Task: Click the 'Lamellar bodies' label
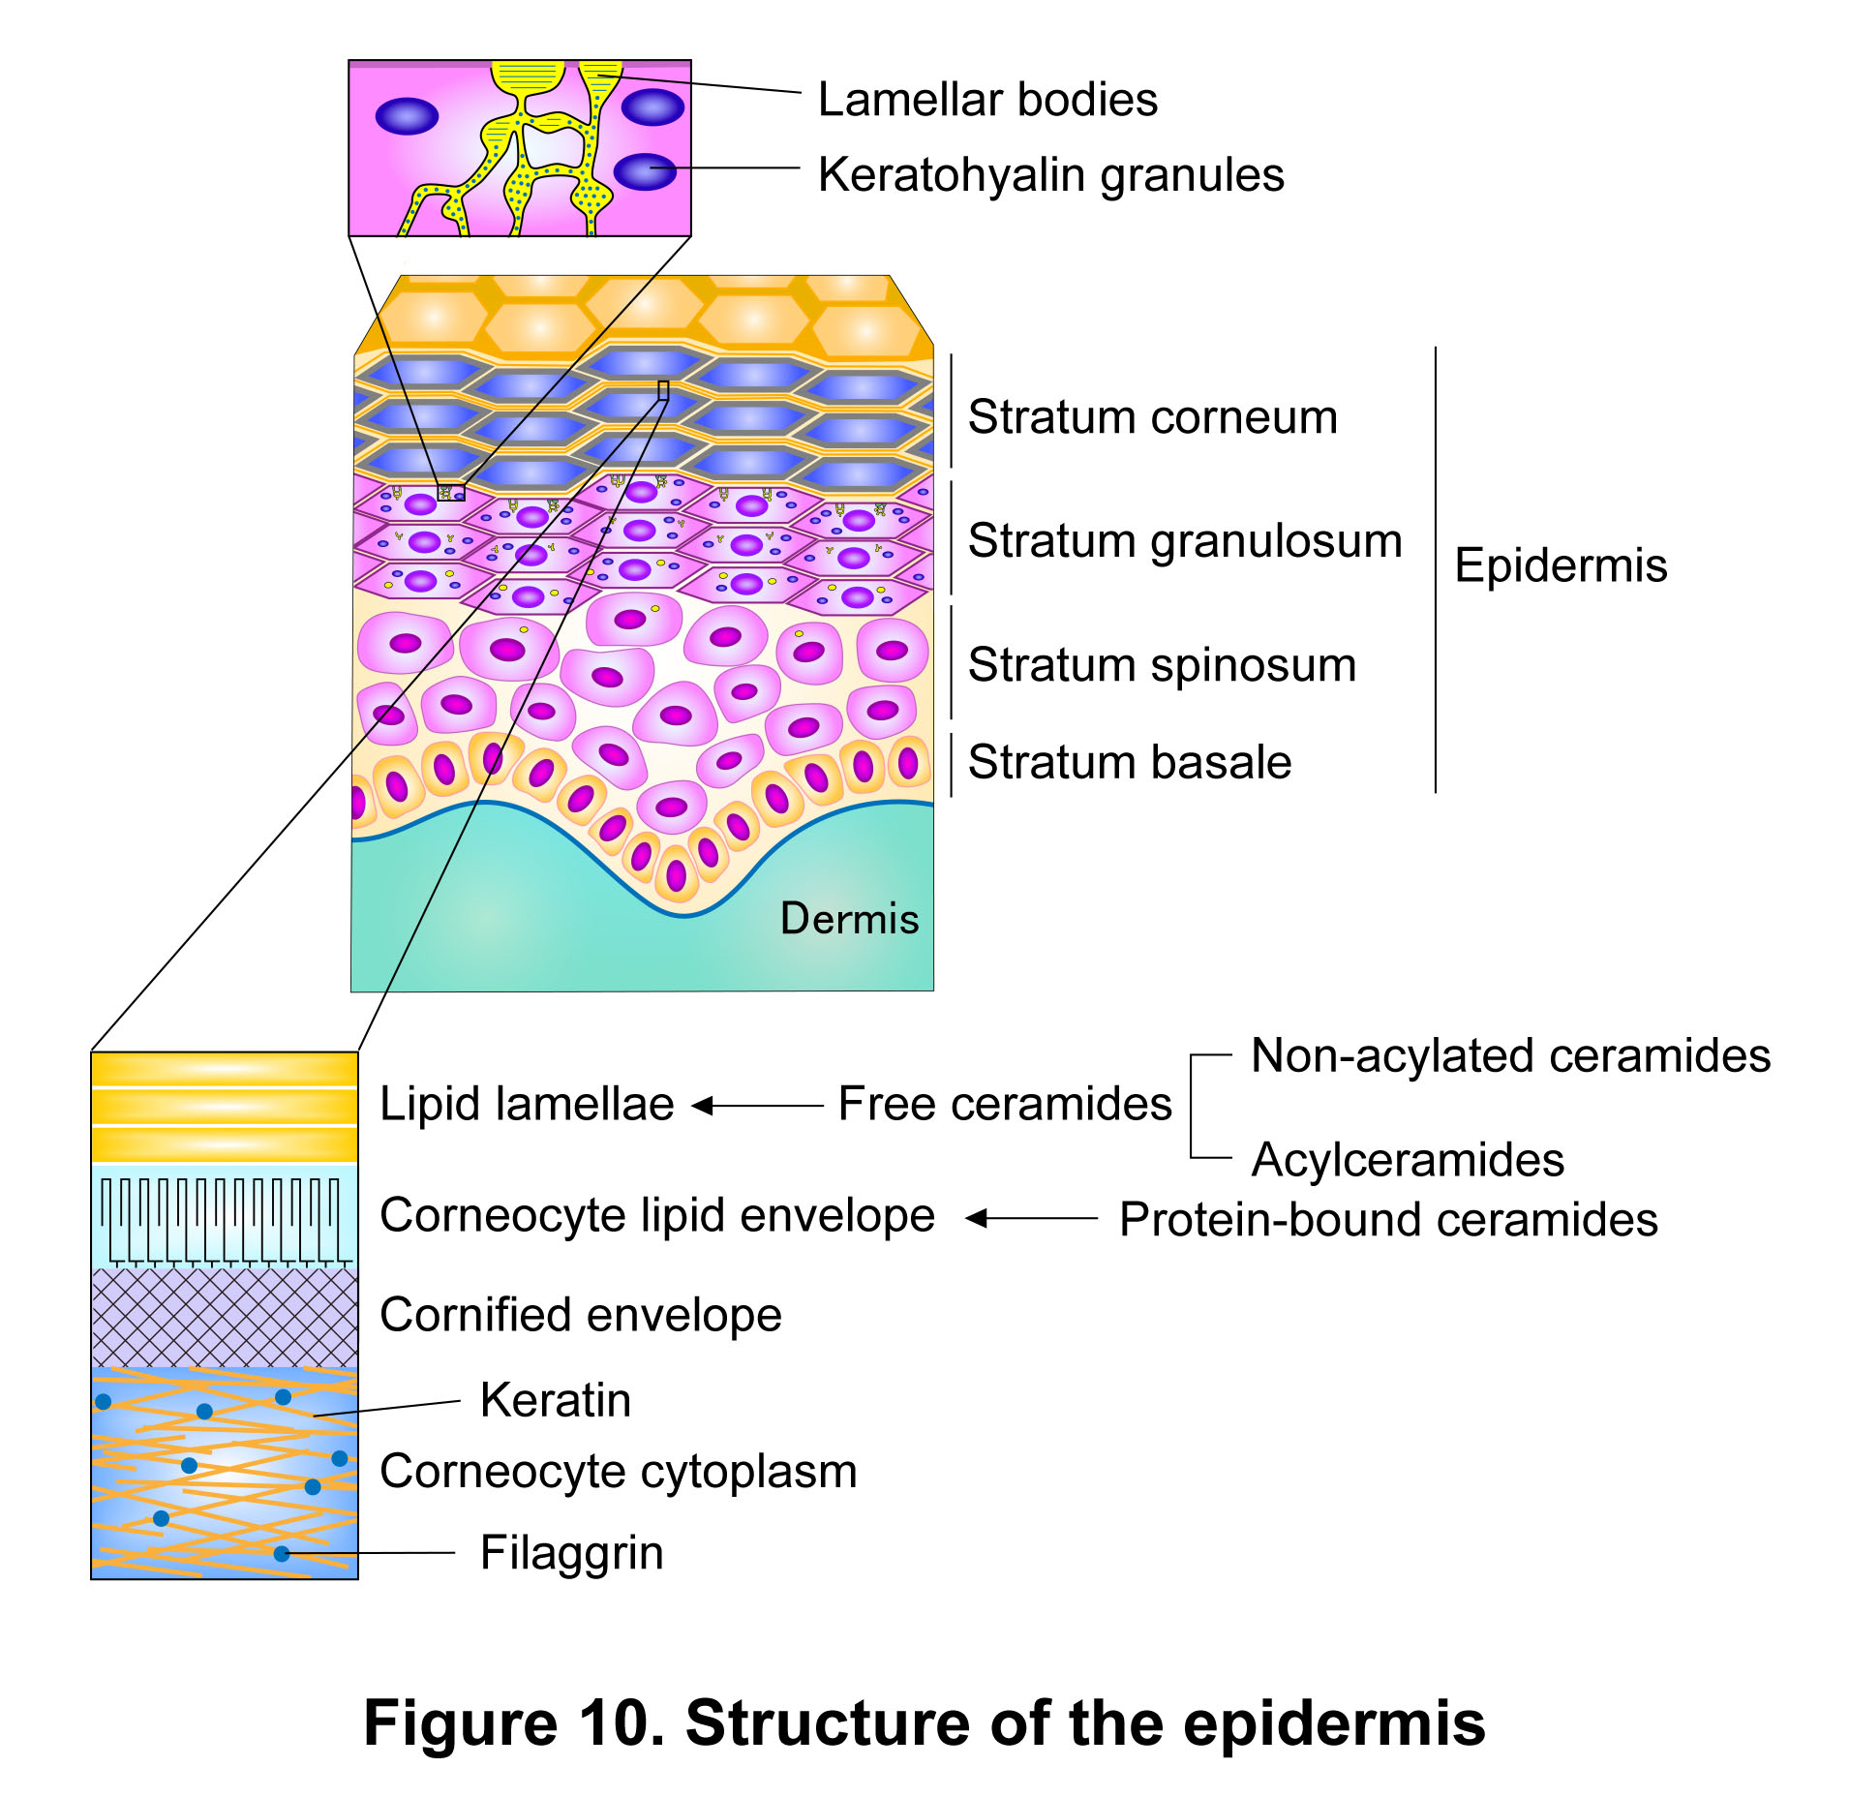[x=987, y=100]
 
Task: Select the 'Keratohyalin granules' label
[x=1051, y=176]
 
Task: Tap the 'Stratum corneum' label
[x=1153, y=417]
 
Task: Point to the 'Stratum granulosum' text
[x=1185, y=541]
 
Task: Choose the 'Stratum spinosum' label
[x=1162, y=666]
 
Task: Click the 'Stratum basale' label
[x=1130, y=762]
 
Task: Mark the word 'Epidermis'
[x=1561, y=566]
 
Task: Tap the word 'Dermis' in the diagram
[x=849, y=918]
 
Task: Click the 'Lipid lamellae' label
[x=527, y=1105]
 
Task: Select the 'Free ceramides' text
[x=1005, y=1105]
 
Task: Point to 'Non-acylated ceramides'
[x=1510, y=1056]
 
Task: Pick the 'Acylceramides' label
[x=1408, y=1160]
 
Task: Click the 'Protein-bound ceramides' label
[x=1388, y=1220]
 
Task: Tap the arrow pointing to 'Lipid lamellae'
[x=758, y=1106]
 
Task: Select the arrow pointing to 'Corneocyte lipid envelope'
[x=1032, y=1218]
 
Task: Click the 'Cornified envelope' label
[x=581, y=1316]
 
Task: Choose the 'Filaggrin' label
[x=572, y=1553]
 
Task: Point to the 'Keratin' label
[x=556, y=1401]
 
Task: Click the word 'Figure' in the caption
[x=460, y=1723]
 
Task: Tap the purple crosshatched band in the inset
[x=225, y=1317]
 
